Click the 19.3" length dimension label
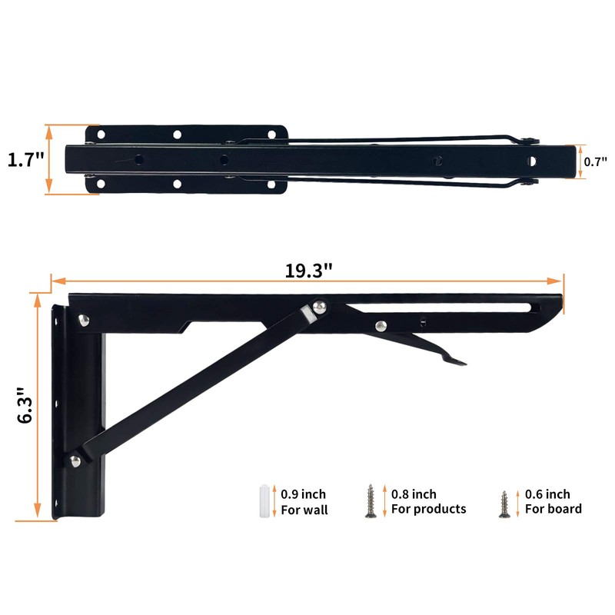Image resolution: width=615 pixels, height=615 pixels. coord(308,271)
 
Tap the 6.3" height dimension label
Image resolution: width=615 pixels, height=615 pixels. coord(25,406)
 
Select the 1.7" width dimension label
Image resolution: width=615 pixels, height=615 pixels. coord(26,160)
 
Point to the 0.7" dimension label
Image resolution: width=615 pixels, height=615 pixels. coord(595,161)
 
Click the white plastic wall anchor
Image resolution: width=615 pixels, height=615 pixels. coord(264,501)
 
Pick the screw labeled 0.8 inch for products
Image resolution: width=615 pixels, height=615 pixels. coord(371,501)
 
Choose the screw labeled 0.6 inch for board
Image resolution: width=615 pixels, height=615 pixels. coord(504,504)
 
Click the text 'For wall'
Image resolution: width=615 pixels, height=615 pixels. coord(304,510)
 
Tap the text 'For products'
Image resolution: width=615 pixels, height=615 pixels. coord(429,509)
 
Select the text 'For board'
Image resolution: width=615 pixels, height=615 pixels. coord(553,509)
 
